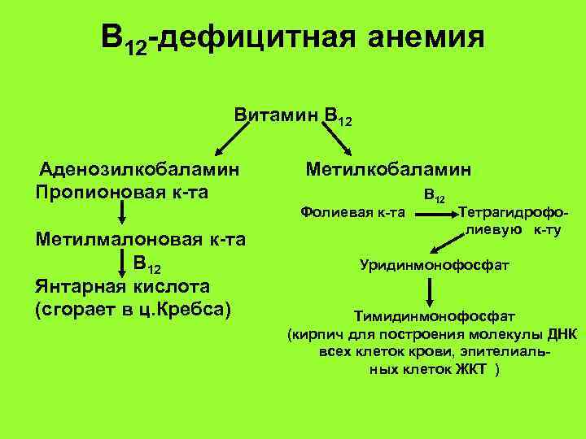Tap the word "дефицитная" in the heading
point(254,37)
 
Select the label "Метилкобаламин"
point(388,170)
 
